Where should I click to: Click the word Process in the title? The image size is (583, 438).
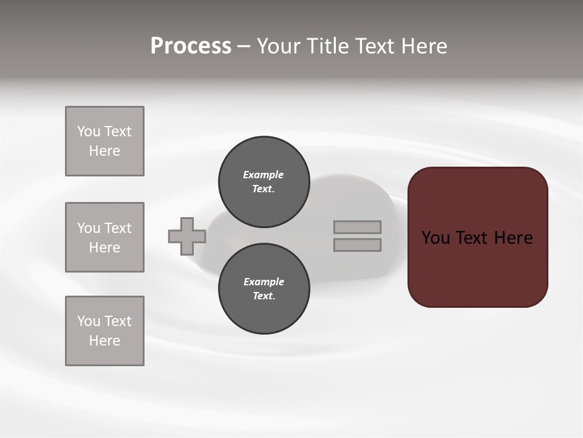point(191,46)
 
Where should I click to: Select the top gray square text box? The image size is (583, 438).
point(104,141)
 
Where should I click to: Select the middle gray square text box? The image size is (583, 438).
point(104,237)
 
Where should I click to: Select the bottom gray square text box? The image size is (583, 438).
point(104,331)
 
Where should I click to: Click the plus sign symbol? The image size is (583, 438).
point(187,237)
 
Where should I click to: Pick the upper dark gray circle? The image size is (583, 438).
point(264,182)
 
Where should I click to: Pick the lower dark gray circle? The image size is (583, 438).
point(264,289)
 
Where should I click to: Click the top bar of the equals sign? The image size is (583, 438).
point(357,228)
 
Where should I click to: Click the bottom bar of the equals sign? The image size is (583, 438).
point(357,245)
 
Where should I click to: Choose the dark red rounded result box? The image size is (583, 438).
point(477,268)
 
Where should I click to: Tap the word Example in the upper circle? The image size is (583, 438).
point(264,175)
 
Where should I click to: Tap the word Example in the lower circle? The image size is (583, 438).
point(264,282)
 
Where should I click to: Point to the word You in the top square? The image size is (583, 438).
point(88,132)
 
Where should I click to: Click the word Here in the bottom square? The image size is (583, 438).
point(104,341)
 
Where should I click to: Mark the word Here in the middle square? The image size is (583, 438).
point(104,248)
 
